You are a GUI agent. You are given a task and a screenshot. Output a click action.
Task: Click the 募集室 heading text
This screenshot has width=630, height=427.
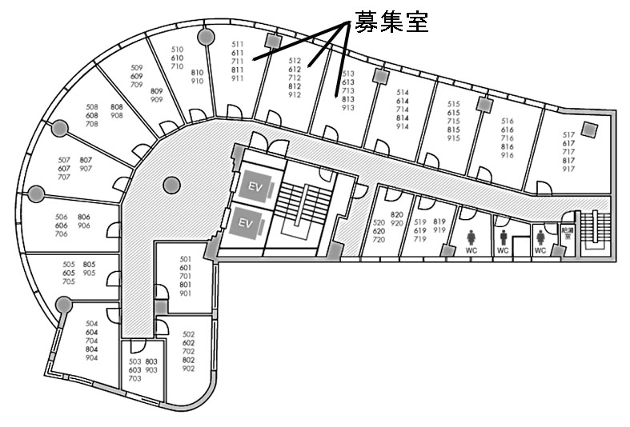pyautogui.click(x=392, y=22)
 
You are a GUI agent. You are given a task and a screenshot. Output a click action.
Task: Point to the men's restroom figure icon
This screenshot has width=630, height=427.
pyautogui.click(x=504, y=237)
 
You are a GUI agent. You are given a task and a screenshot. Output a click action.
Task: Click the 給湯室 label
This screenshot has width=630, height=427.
pyautogui.click(x=568, y=233)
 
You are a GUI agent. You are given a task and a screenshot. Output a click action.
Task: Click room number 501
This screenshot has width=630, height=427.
pyautogui.click(x=186, y=259)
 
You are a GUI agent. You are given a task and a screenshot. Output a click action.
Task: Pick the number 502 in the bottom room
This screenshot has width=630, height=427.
pyautogui.click(x=189, y=334)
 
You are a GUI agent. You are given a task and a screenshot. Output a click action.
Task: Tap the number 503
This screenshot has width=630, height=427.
pyautogui.click(x=134, y=361)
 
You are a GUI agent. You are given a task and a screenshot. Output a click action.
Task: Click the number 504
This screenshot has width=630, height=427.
pyautogui.click(x=91, y=323)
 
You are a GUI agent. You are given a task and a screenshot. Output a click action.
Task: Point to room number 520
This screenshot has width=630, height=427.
pyautogui.click(x=379, y=222)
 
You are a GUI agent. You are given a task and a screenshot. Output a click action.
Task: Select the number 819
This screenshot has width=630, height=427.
pyautogui.click(x=439, y=221)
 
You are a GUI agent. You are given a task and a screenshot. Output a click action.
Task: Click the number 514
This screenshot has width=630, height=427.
pyautogui.click(x=403, y=92)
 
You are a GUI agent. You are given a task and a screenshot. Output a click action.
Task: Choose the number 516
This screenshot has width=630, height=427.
pyautogui.click(x=507, y=121)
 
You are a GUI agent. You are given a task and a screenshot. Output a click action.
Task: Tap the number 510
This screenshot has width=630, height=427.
pyautogui.click(x=178, y=50)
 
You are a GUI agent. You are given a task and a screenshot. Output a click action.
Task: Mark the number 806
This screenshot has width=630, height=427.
pyautogui.click(x=84, y=217)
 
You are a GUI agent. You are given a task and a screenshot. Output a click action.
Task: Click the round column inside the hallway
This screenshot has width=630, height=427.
pyautogui.click(x=170, y=185)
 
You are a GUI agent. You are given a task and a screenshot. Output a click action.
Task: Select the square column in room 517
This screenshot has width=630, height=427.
pyautogui.click(x=591, y=129)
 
